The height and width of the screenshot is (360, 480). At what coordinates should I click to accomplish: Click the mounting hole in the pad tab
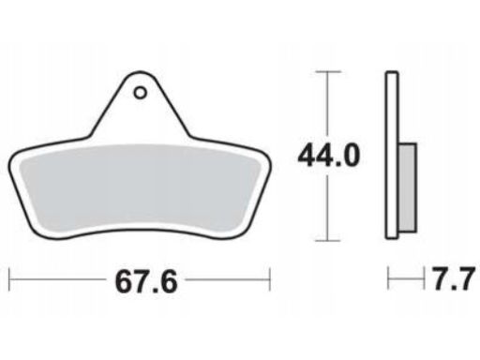point(140,93)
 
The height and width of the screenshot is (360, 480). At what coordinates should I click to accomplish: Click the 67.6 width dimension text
point(146,282)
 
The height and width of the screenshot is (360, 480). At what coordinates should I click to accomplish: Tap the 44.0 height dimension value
point(328,155)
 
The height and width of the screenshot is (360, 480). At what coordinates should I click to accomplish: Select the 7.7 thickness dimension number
point(454,278)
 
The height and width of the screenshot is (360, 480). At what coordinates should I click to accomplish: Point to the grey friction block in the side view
point(408,187)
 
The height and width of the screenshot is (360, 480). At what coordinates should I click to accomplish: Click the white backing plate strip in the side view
point(392,156)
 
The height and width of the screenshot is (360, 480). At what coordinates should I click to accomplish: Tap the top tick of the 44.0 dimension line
point(327,72)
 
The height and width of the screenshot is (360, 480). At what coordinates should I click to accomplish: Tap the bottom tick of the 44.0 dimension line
point(327,241)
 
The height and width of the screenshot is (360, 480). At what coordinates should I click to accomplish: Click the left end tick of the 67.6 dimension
point(9,279)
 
